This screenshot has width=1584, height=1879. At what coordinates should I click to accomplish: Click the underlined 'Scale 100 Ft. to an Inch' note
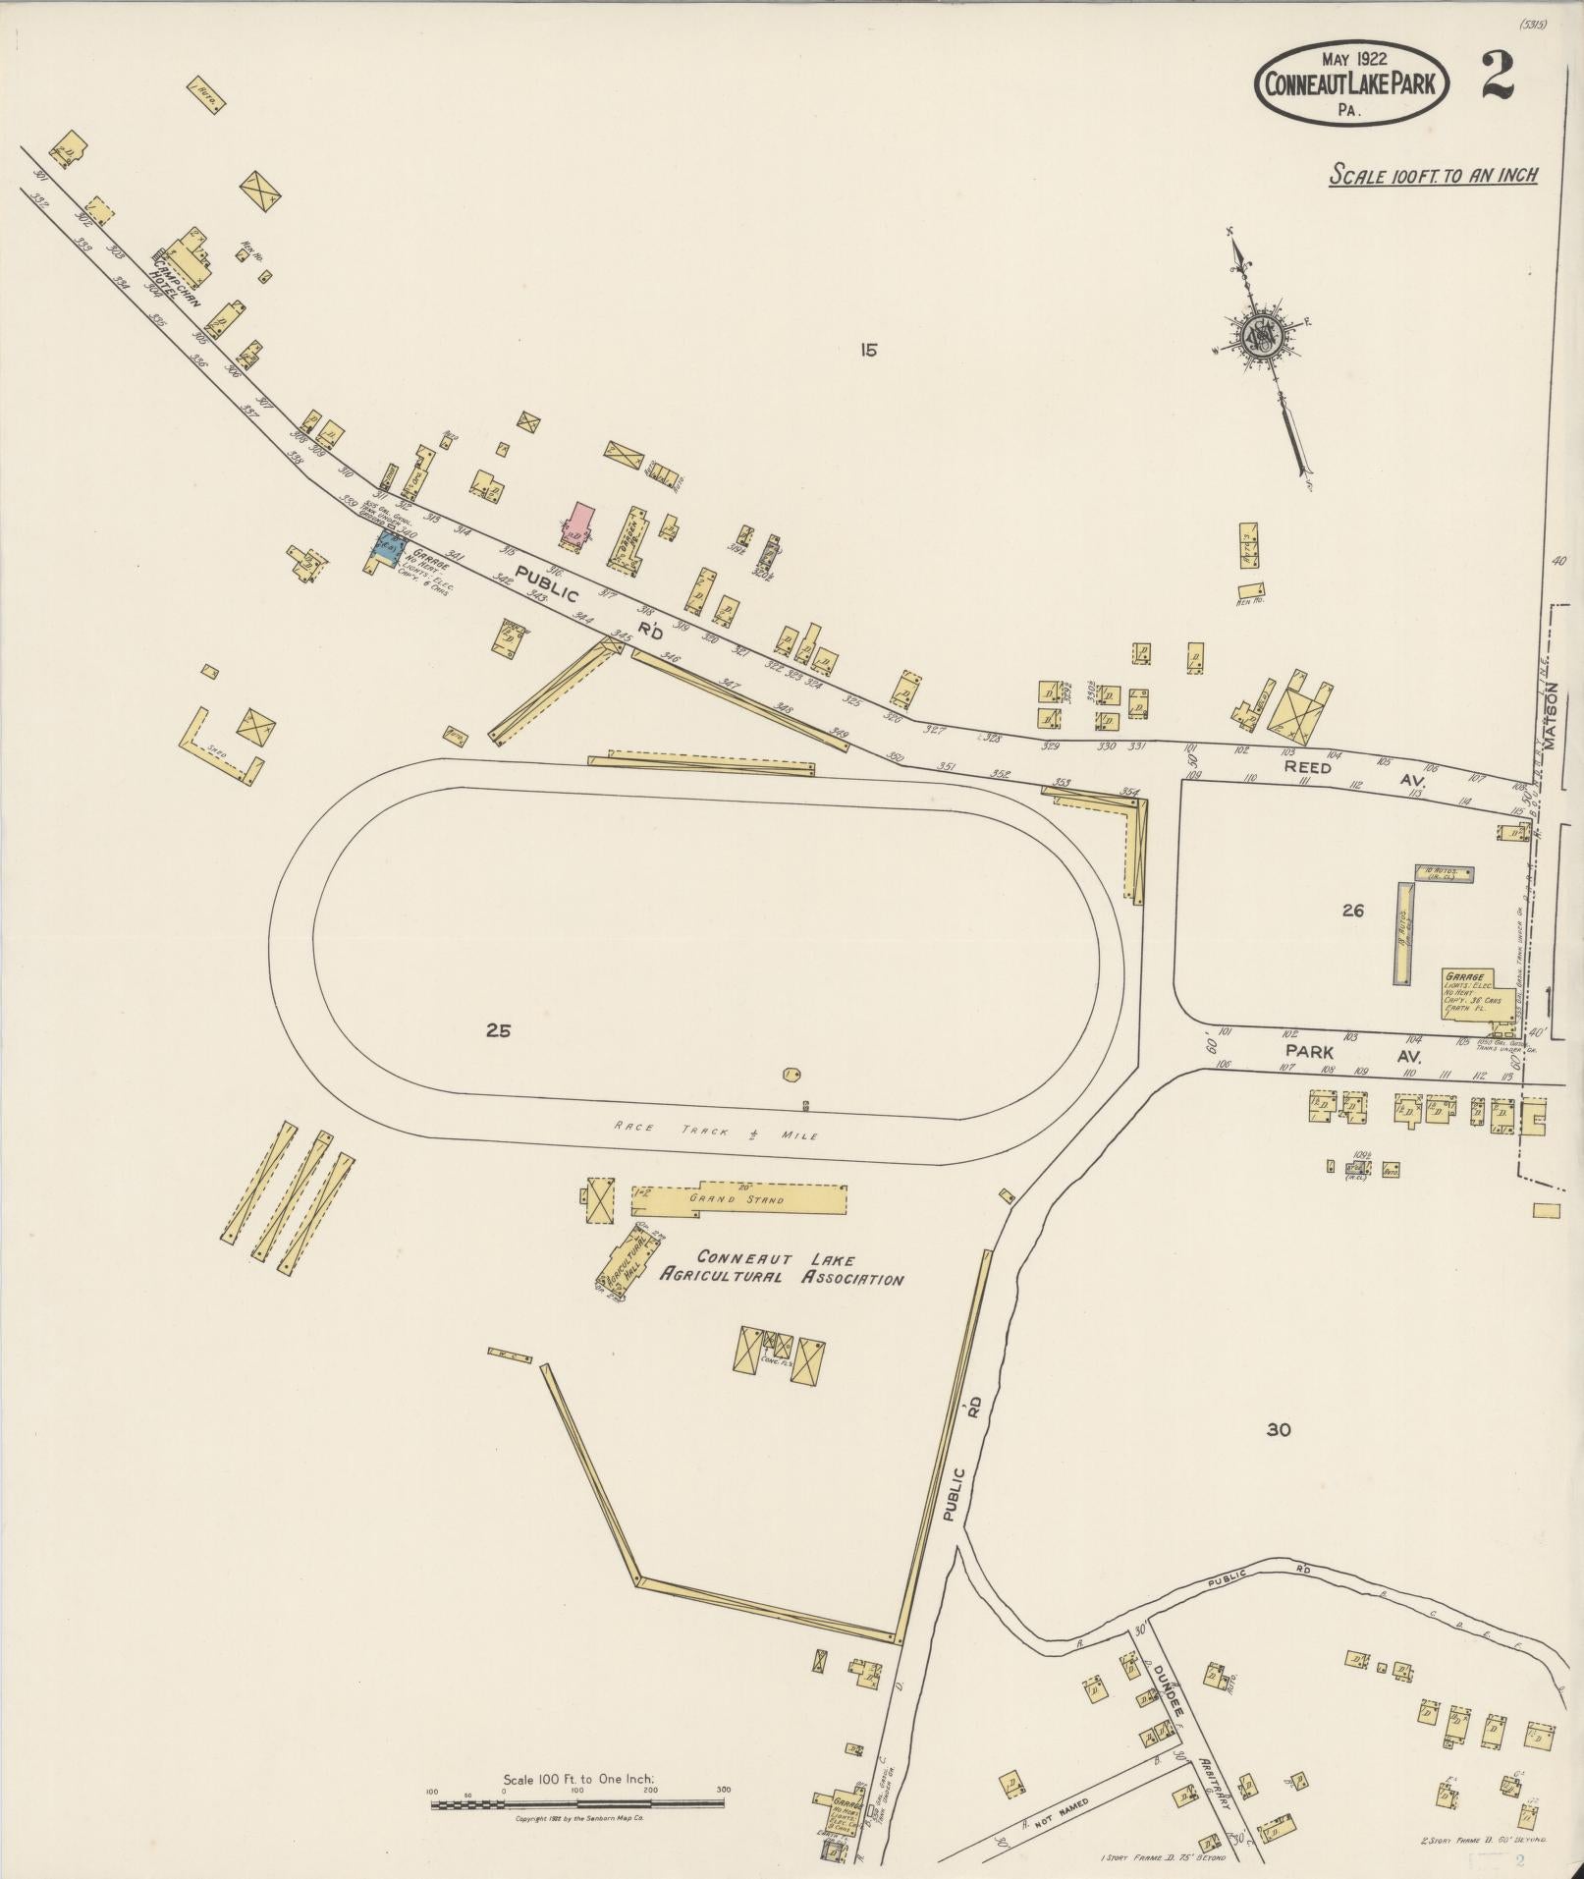(x=1433, y=176)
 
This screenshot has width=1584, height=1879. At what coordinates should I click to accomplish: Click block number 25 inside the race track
(x=498, y=1030)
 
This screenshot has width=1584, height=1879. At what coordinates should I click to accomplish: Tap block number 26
(x=1352, y=911)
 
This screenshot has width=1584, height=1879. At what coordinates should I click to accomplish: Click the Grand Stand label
(x=724, y=1198)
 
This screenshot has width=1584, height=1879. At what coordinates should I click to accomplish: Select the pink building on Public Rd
(x=579, y=522)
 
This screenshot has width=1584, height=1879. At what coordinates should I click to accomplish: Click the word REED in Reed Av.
(x=1308, y=767)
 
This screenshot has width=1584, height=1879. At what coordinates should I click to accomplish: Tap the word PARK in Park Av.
(x=1310, y=1050)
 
